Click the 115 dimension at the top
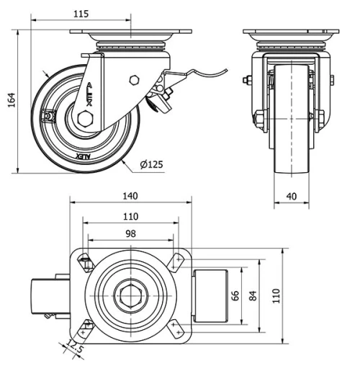click(x=84, y=14)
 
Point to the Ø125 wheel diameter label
click(x=152, y=164)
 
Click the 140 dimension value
click(x=130, y=196)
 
